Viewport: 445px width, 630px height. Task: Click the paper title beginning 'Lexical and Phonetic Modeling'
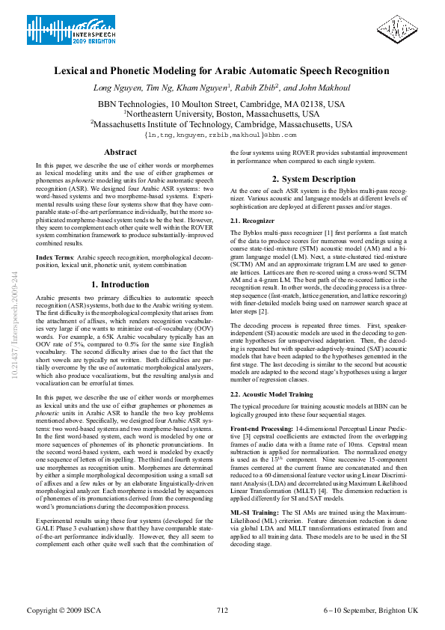[221, 71]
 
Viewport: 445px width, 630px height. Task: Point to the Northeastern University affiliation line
[221, 114]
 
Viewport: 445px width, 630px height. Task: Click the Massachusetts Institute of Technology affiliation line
[221, 125]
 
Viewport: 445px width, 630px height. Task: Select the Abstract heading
[120, 153]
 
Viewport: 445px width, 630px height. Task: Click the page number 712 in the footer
[222, 611]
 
